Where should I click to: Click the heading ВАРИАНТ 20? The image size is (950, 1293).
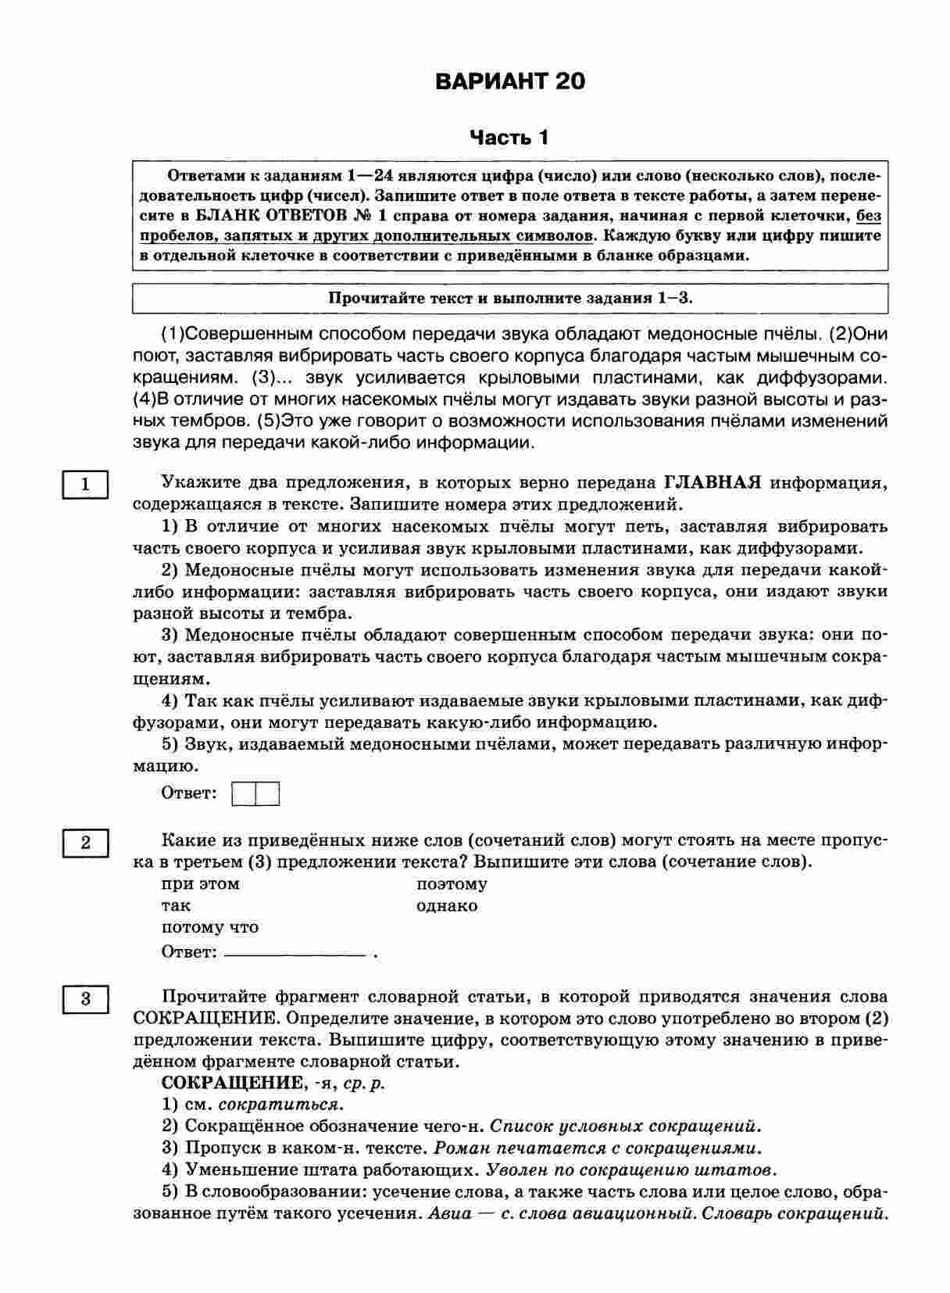pyautogui.click(x=509, y=82)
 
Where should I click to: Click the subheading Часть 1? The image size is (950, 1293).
pyautogui.click(x=509, y=138)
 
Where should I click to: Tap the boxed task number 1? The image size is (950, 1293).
pyautogui.click(x=85, y=485)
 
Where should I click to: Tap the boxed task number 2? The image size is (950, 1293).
pyautogui.click(x=85, y=843)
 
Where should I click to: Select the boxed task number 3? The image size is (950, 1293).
pyautogui.click(x=85, y=998)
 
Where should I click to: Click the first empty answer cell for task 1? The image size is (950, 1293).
pyautogui.click(x=245, y=794)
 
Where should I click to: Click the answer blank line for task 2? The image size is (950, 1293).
pyautogui.click(x=295, y=954)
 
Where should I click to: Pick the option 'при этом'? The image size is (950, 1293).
pyautogui.click(x=200, y=884)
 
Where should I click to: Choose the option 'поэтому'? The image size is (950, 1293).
pyautogui.click(x=452, y=884)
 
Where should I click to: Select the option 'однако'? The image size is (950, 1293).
pyautogui.click(x=447, y=906)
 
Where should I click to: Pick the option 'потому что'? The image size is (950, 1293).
pyautogui.click(x=209, y=928)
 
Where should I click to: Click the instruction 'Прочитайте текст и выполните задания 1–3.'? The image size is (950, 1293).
pyautogui.click(x=510, y=298)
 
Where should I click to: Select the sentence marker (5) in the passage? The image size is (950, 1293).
pyautogui.click(x=268, y=421)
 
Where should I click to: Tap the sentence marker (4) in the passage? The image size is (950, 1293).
pyautogui.click(x=145, y=399)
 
